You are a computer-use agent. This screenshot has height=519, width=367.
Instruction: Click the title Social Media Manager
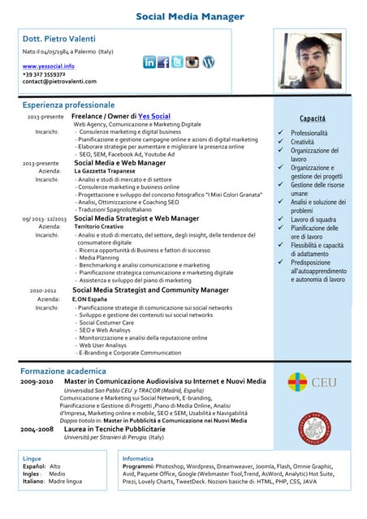(x=189, y=16)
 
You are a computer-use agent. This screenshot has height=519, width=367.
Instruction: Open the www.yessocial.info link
(x=48, y=66)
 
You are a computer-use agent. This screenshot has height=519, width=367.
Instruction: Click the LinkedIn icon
(x=149, y=62)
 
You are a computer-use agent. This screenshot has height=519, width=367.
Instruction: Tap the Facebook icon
(x=163, y=62)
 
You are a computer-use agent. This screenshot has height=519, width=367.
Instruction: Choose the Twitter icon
(x=177, y=62)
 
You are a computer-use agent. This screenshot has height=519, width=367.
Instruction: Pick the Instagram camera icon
(x=192, y=62)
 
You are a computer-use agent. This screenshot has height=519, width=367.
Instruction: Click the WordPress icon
(x=209, y=62)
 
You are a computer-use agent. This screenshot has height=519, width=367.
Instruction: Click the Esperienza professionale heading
(x=68, y=105)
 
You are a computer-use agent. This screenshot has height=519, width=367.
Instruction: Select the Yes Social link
(x=154, y=117)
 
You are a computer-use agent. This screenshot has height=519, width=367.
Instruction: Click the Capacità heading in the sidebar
(x=313, y=118)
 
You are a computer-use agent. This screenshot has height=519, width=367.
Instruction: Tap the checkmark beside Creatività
(x=281, y=142)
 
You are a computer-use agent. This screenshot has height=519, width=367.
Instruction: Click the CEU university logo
(x=312, y=382)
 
